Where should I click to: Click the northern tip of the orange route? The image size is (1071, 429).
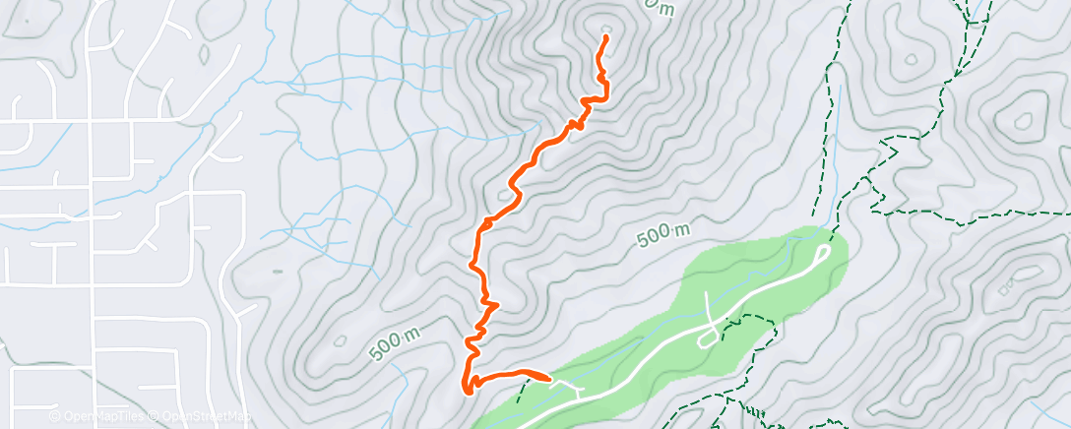click(604, 36)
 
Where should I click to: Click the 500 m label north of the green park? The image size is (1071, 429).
click(661, 234)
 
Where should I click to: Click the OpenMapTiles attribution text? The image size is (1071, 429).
click(99, 416)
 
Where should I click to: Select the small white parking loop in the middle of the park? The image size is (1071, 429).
click(708, 337)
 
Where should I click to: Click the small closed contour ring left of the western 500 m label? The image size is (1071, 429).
click(340, 342)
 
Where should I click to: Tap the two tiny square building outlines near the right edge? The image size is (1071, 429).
click(1007, 288)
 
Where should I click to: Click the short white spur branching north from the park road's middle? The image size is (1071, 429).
click(709, 304)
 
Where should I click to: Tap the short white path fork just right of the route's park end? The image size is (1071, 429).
click(575, 391)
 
